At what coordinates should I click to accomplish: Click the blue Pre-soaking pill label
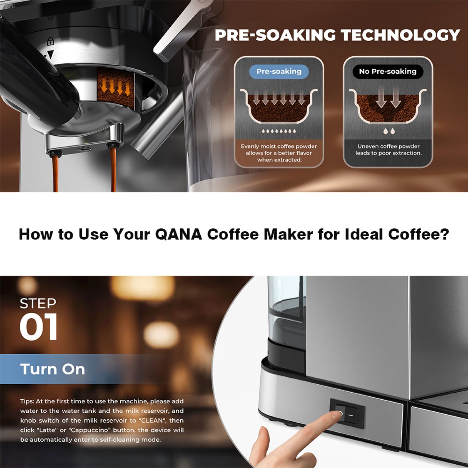(x=279, y=72)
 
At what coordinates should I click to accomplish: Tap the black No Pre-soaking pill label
(x=388, y=72)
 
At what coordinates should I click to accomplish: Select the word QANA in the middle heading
(x=178, y=234)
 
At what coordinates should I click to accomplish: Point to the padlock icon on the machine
(x=50, y=41)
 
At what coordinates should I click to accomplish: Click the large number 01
(x=38, y=327)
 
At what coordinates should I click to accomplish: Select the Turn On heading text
(x=52, y=369)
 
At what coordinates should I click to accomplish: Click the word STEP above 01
(x=38, y=303)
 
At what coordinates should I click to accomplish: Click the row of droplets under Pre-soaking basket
(x=279, y=131)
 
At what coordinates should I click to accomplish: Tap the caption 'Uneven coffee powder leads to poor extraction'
(x=388, y=150)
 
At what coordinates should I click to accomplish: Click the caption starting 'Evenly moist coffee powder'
(x=279, y=153)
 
